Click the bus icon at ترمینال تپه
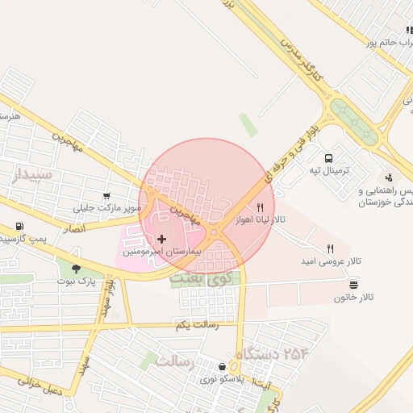click(x=329, y=158)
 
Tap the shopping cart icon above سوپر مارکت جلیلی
click(x=107, y=196)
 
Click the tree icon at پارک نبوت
click(x=76, y=269)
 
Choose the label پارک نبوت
click(x=76, y=282)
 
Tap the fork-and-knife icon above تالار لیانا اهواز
click(x=259, y=207)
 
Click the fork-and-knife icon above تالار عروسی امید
click(x=329, y=248)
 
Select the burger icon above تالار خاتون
click(x=354, y=284)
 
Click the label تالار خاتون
click(x=354, y=298)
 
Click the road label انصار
click(x=95, y=227)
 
